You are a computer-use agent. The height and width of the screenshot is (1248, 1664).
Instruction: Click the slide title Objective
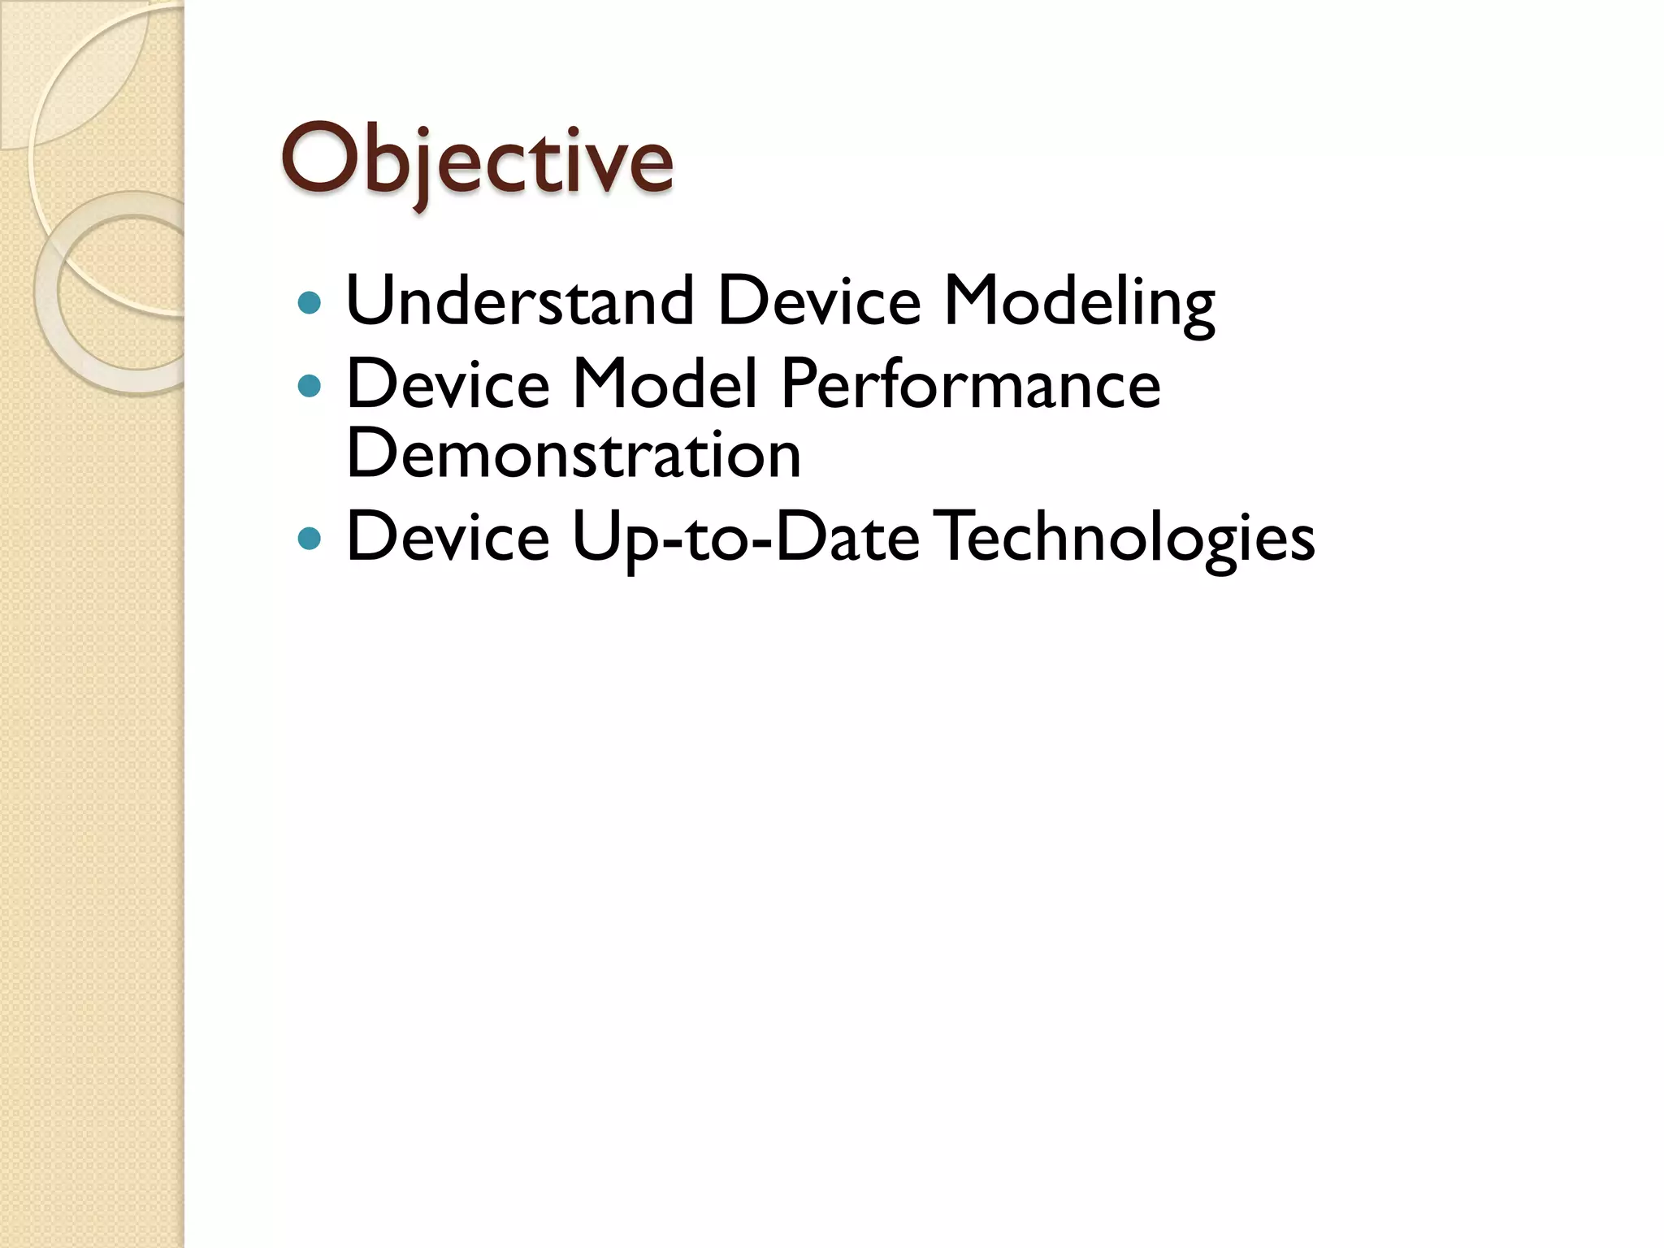click(477, 160)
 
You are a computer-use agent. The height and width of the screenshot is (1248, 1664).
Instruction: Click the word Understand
click(520, 301)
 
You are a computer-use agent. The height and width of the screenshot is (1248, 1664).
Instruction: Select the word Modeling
click(1078, 302)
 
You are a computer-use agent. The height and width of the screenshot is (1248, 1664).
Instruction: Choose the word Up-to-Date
click(745, 538)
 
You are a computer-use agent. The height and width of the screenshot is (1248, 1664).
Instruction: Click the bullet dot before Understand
click(310, 304)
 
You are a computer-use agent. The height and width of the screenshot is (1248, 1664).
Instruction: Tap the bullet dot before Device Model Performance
click(310, 385)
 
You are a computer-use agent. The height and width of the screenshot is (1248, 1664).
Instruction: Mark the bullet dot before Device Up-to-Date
click(310, 538)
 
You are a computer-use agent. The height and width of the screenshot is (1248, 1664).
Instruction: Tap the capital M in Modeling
click(974, 301)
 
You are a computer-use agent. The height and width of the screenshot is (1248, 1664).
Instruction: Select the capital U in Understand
click(371, 301)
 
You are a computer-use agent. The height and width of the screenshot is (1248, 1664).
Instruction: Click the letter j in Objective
click(422, 167)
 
